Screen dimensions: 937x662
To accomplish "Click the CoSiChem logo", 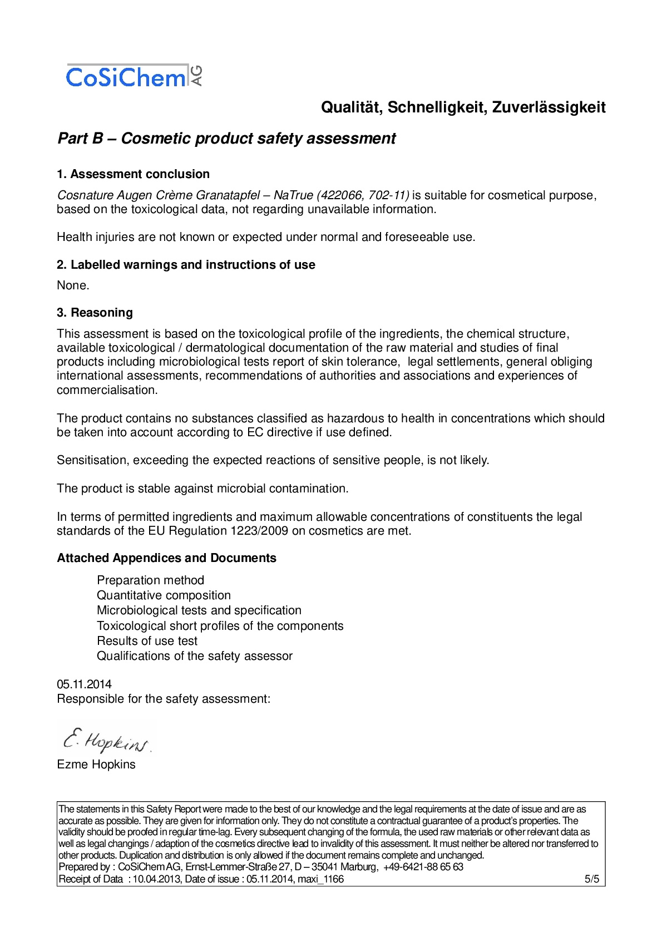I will pyautogui.click(x=134, y=76).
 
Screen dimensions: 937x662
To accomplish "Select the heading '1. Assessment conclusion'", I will pyautogui.click(x=133, y=174).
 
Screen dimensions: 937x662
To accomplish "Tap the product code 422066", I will pyautogui.click(x=341, y=195).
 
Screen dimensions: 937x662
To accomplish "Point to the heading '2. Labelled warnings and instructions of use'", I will pyautogui.click(x=186, y=265).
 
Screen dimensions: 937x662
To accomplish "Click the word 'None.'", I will pyautogui.click(x=73, y=285).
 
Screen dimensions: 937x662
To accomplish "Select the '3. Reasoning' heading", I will pyautogui.click(x=95, y=313).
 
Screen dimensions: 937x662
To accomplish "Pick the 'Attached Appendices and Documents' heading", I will pyautogui.click(x=166, y=558).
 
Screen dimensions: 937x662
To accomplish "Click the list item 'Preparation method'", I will pyautogui.click(x=150, y=580).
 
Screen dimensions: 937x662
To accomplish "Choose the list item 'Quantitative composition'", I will pyautogui.click(x=164, y=595).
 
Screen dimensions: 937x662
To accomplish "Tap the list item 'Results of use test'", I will pyautogui.click(x=147, y=641).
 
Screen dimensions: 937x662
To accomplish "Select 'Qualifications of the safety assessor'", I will pyautogui.click(x=194, y=656).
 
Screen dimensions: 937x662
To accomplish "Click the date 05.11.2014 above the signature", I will pyautogui.click(x=84, y=684).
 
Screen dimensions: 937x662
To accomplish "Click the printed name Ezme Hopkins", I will pyautogui.click(x=96, y=765).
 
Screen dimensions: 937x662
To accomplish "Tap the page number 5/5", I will pyautogui.click(x=591, y=879).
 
